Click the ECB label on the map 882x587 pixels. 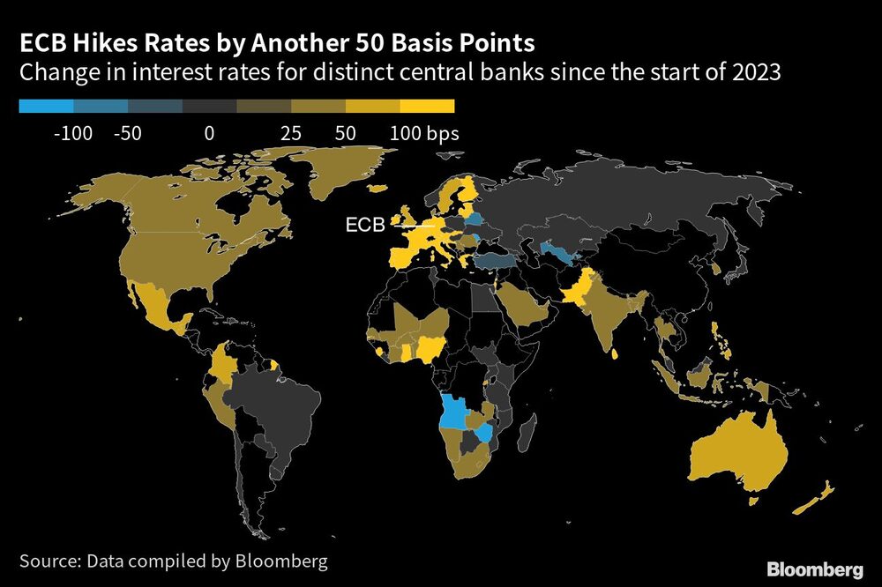pyautogui.click(x=364, y=226)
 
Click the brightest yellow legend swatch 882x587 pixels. pyautogui.click(x=427, y=106)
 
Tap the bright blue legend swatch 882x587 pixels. pyautogui.click(x=46, y=106)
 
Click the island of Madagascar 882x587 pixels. pyautogui.click(x=527, y=433)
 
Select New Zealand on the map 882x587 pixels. pyautogui.click(x=815, y=501)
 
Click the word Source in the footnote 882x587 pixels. pyautogui.click(x=51, y=560)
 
